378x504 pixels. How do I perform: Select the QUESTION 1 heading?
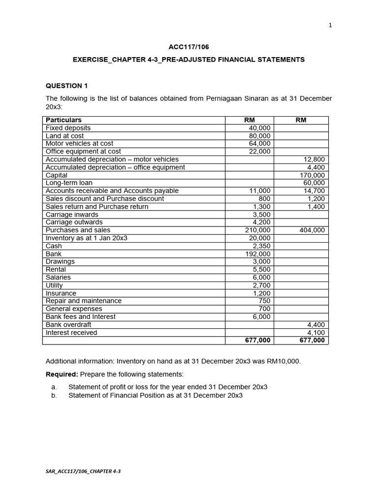pyautogui.click(x=66, y=86)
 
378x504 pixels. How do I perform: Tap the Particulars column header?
pyautogui.click(x=63, y=120)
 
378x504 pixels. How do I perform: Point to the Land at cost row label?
pyautogui.click(x=64, y=136)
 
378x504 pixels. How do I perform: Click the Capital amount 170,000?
pyautogui.click(x=313, y=175)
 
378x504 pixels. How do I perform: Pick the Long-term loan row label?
pyautogui.click(x=69, y=183)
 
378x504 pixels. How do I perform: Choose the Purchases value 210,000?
pyautogui.click(x=258, y=230)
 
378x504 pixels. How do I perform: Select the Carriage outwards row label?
pyautogui.click(x=74, y=222)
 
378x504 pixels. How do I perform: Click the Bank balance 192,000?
pyautogui.click(x=258, y=254)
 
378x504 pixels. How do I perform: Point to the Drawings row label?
pyautogui.click(x=60, y=262)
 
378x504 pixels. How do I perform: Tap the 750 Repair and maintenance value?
pyautogui.click(x=264, y=301)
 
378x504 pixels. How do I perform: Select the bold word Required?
pyautogui.click(x=62, y=375)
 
